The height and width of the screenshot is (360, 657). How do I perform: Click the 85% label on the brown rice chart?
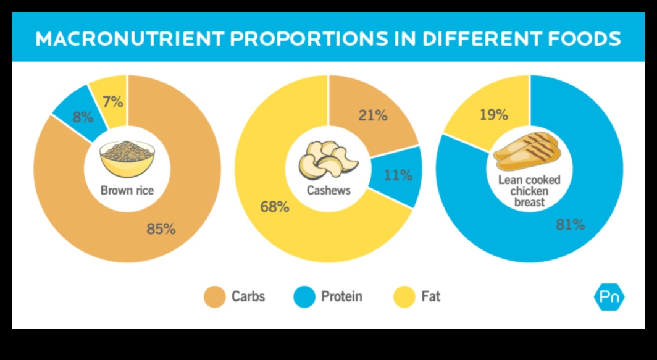point(161,229)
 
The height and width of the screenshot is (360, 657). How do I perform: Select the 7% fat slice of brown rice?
point(112,102)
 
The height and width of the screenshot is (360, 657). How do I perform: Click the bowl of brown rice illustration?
point(127,158)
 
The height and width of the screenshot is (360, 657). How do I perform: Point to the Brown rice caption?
point(127,191)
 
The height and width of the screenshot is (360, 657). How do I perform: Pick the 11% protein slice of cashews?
point(398,175)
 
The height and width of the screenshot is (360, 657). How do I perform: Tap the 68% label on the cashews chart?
point(275,207)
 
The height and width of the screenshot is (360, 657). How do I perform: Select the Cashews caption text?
point(328,190)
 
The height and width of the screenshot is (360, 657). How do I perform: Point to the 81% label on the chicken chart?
point(570,225)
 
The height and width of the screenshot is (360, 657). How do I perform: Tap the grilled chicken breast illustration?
point(527,151)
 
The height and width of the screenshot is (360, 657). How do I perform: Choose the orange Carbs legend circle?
point(215,297)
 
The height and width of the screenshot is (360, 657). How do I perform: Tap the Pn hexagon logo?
point(609,297)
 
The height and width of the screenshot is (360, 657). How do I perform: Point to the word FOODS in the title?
point(582,40)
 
